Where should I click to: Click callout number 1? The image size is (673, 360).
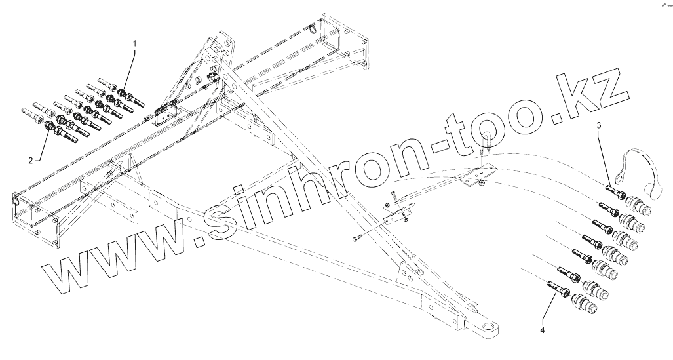(135, 43)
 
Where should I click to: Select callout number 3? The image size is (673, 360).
(598, 125)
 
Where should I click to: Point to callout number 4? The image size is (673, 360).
(542, 330)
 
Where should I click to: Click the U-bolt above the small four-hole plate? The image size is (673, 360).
(485, 145)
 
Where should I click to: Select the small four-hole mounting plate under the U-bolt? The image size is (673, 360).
(477, 175)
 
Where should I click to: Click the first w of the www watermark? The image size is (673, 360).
(68, 276)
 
